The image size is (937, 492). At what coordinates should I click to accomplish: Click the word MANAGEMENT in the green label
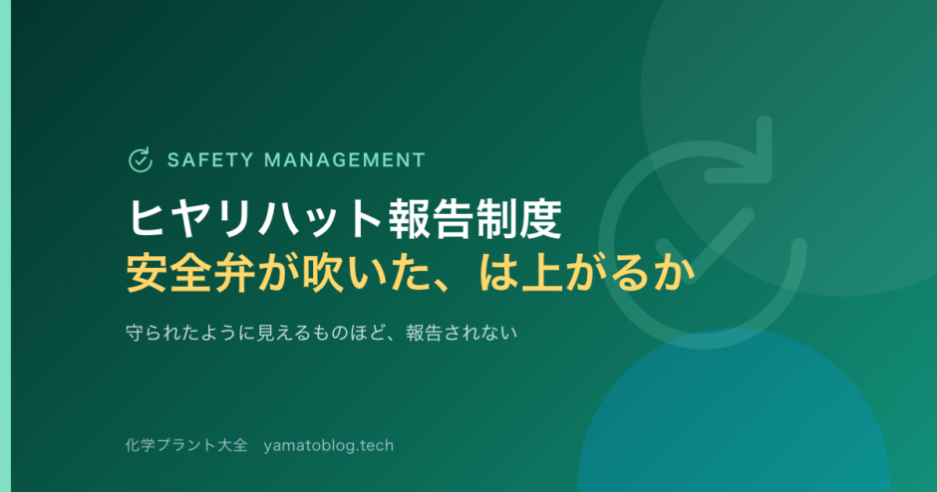(x=345, y=160)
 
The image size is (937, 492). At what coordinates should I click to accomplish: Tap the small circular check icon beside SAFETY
(x=141, y=160)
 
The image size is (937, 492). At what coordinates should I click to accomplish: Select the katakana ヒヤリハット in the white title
(x=254, y=219)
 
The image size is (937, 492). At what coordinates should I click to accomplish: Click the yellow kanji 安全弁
(x=191, y=273)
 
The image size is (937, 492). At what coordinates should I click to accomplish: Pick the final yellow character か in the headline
(x=675, y=273)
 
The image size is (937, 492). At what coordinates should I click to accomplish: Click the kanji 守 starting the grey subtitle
(x=135, y=333)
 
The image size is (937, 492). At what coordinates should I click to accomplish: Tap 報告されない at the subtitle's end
(x=462, y=333)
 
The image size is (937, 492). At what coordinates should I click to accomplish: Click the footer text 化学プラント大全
(x=185, y=445)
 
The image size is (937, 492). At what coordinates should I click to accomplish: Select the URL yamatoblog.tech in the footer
(x=328, y=445)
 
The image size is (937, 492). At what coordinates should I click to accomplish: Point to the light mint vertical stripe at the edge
(x=5, y=246)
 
